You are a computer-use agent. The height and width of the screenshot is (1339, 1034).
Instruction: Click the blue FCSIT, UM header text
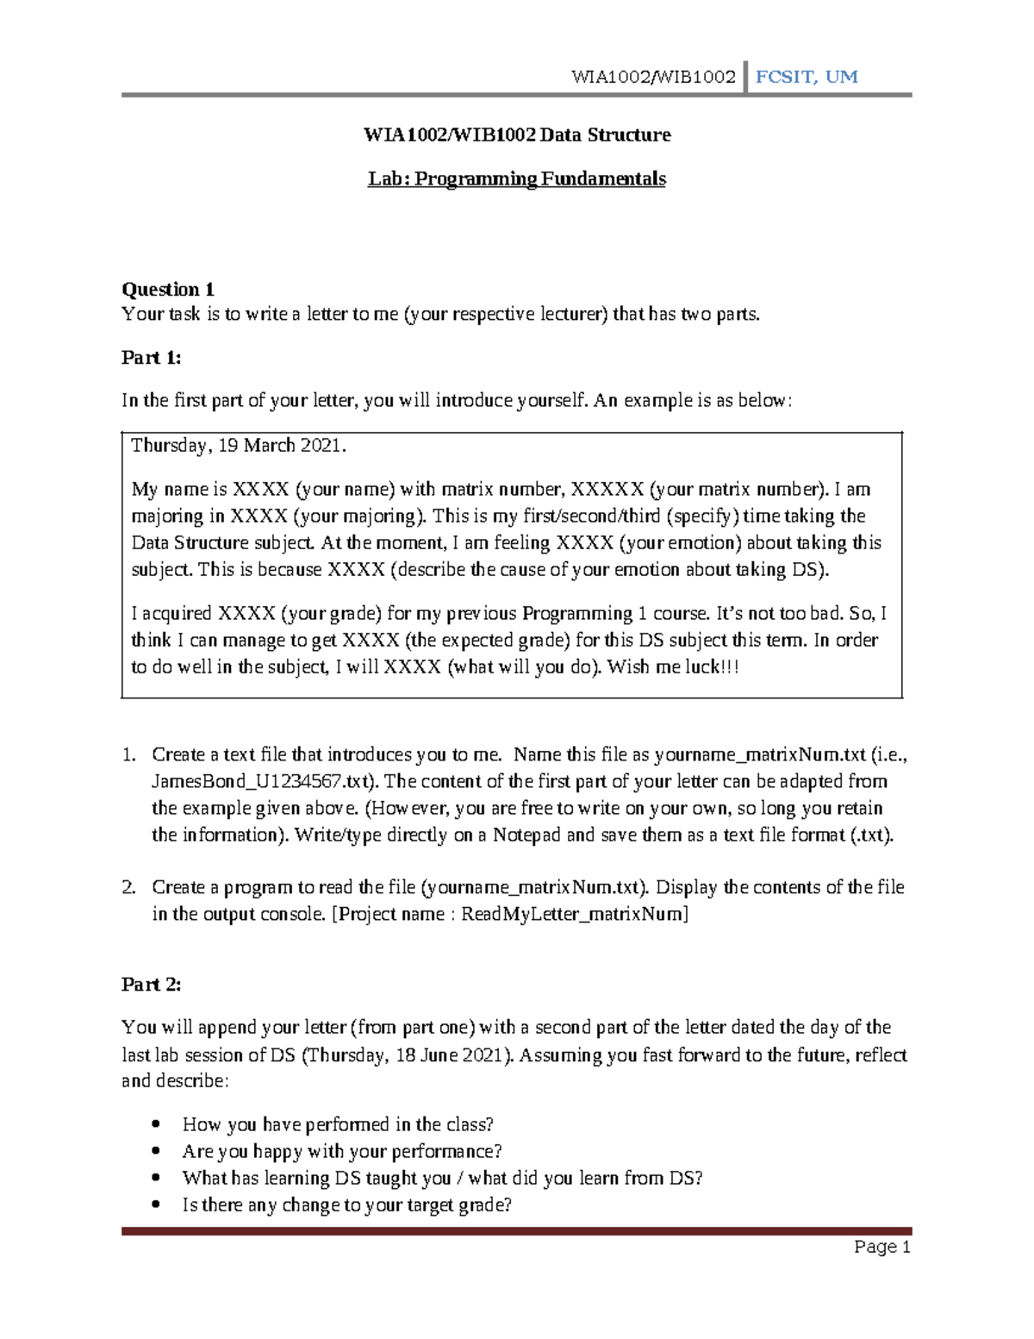pyautogui.click(x=806, y=77)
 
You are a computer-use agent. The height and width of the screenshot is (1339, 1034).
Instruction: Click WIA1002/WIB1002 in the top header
pyautogui.click(x=653, y=77)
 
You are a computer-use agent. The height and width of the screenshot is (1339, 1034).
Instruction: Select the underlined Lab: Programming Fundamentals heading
pyautogui.click(x=516, y=178)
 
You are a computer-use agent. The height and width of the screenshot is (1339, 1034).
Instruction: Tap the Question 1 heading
pyautogui.click(x=168, y=289)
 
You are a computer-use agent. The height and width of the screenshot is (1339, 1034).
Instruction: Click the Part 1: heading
pyautogui.click(x=152, y=358)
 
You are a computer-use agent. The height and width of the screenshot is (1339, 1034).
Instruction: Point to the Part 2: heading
pyautogui.click(x=152, y=985)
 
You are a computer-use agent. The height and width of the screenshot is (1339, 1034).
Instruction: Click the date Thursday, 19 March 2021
pyautogui.click(x=238, y=446)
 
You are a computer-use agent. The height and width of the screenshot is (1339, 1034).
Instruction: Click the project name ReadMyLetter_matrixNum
pyautogui.click(x=574, y=914)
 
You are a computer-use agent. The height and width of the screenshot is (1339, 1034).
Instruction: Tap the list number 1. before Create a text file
pyautogui.click(x=129, y=754)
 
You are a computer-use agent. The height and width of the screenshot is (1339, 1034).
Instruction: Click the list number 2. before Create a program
pyautogui.click(x=129, y=887)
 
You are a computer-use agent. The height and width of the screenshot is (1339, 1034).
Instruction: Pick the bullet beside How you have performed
pyautogui.click(x=156, y=1124)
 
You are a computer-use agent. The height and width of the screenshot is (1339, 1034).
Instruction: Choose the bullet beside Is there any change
pyautogui.click(x=156, y=1204)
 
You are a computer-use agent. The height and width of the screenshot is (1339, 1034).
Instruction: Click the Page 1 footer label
pyautogui.click(x=881, y=1247)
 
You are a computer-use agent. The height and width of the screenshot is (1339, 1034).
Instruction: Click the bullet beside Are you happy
pyautogui.click(x=156, y=1151)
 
